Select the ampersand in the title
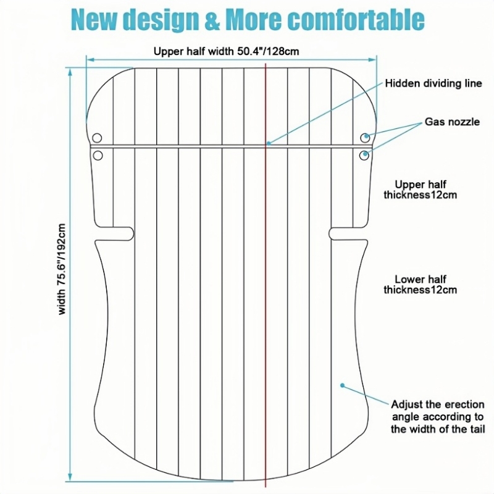tap(211, 20)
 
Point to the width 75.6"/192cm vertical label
tap(62, 269)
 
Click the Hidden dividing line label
tap(433, 83)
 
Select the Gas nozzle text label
tap(452, 122)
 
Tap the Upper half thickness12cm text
tap(421, 190)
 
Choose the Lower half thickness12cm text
tap(421, 283)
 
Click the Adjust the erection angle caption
tap(438, 417)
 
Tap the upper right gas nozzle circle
tap(366, 136)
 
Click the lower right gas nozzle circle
tap(366, 154)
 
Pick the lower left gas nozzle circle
tap(97, 156)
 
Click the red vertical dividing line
tap(266, 309)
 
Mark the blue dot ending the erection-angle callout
tap(342, 385)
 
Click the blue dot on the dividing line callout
tap(268, 143)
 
